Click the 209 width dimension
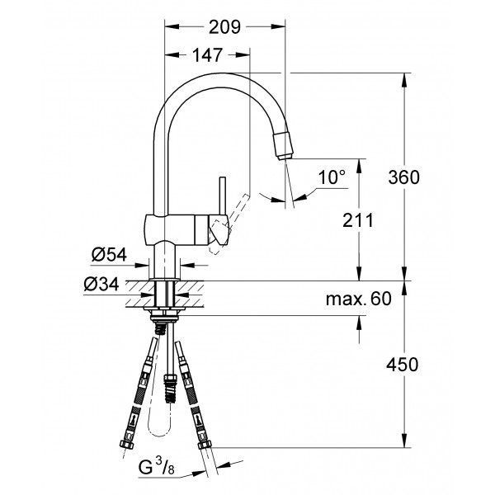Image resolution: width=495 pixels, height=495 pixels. pyautogui.click(x=224, y=26)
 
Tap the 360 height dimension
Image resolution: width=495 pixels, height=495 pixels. pyautogui.click(x=404, y=177)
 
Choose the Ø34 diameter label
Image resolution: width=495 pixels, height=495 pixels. pyautogui.click(x=101, y=285)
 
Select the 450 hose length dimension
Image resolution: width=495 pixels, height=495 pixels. pyautogui.click(x=405, y=365)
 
